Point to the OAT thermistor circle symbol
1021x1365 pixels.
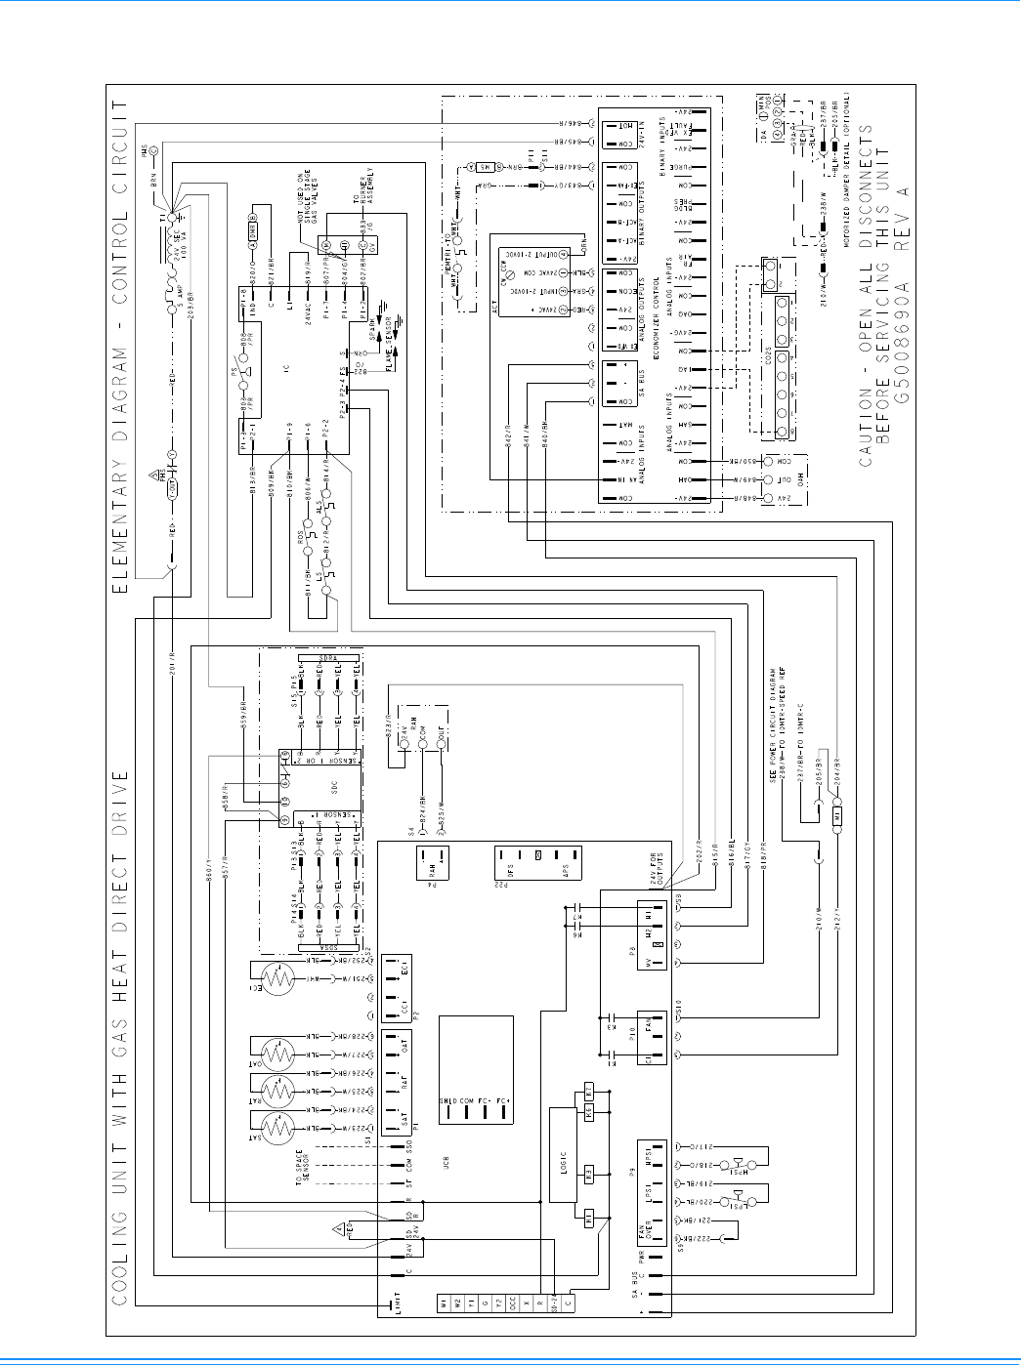click(x=278, y=1055)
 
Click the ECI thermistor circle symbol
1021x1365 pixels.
click(x=277, y=978)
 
